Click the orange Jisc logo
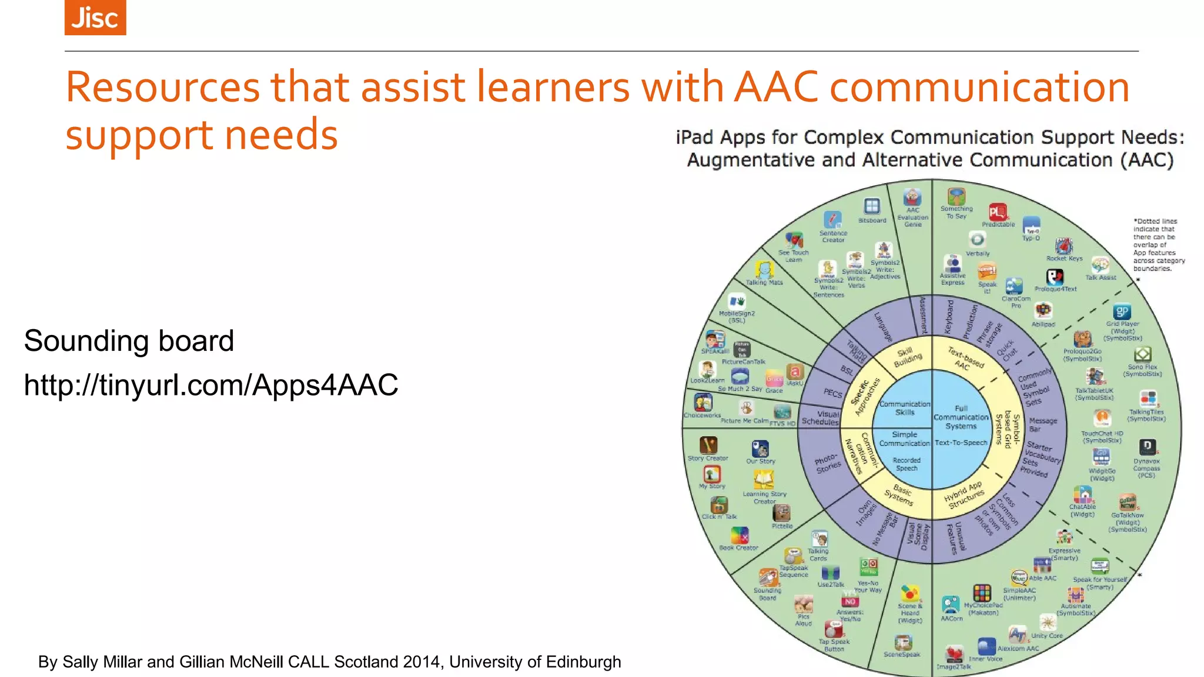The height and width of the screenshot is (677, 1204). coord(95,18)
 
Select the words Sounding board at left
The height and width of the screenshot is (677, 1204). coord(129,341)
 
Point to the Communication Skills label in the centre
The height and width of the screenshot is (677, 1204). coord(904,408)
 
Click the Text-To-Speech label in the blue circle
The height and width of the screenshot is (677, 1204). coord(961,443)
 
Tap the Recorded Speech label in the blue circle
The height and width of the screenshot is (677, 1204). coord(906,464)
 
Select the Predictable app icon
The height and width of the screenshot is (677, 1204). coord(998,212)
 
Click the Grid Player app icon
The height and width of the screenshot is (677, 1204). coord(1122,312)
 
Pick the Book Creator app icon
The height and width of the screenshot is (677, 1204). coord(739,535)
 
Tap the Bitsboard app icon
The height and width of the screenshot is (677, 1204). coord(871,206)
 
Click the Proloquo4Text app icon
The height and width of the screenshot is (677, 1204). coord(1055,277)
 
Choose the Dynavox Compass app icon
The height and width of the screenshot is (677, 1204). coord(1147,447)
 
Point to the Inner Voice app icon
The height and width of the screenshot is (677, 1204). coord(986,646)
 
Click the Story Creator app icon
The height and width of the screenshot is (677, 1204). coord(708,445)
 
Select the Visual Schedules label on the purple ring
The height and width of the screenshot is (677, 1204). coord(821,418)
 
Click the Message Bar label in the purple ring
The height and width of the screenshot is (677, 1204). coord(1043,424)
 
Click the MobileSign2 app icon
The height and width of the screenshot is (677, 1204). coord(737,302)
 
